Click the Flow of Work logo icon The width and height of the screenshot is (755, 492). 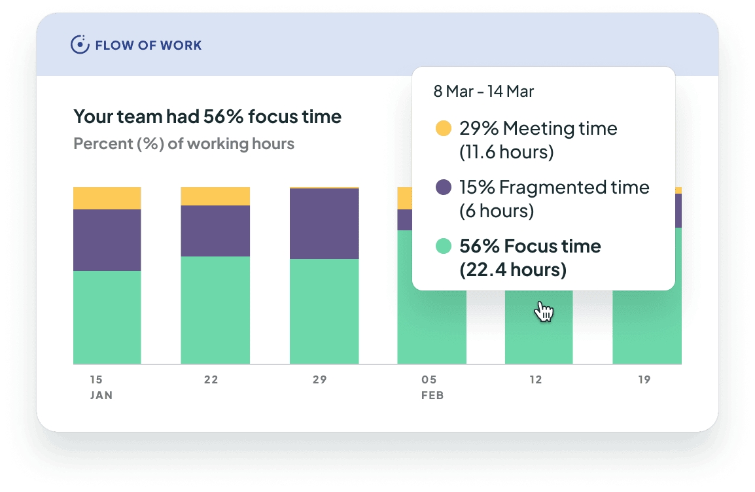(80, 45)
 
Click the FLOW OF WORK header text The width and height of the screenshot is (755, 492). (148, 46)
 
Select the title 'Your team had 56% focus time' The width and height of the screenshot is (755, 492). (207, 117)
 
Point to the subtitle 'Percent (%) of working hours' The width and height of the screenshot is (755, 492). (184, 144)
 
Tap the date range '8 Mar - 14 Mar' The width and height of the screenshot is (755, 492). (483, 92)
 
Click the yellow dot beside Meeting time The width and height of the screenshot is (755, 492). (444, 129)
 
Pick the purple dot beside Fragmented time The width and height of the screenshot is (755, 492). (444, 188)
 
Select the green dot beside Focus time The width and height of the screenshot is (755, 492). (444, 247)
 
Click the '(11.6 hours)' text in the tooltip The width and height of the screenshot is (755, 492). (506, 152)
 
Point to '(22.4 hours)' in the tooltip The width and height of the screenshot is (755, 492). (513, 270)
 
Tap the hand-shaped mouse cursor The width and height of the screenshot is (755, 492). (543, 311)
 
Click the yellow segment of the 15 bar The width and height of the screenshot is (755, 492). (107, 198)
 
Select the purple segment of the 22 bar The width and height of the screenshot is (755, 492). (215, 231)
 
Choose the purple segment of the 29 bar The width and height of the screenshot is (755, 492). (324, 224)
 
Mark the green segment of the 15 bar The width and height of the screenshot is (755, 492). (107, 317)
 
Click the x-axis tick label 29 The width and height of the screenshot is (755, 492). (319, 380)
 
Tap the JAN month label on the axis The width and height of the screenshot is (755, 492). (101, 396)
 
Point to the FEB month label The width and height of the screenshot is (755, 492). (432, 396)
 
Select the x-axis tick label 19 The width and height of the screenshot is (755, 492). (644, 380)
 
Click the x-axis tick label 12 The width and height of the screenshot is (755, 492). (536, 380)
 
